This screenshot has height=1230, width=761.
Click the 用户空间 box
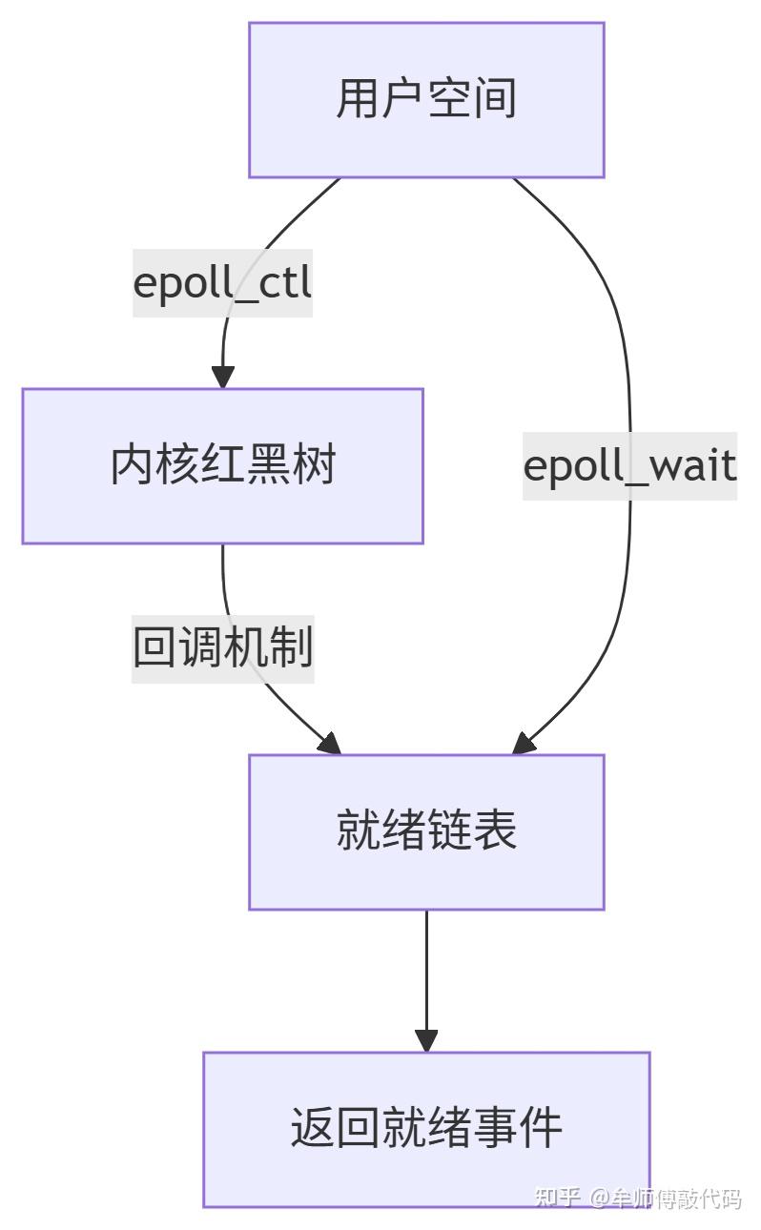tap(426, 100)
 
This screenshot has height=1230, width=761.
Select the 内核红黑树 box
tap(222, 466)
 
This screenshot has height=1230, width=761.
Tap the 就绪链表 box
tap(426, 831)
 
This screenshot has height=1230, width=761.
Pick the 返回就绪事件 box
tap(426, 1129)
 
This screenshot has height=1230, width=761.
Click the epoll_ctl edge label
tap(222, 283)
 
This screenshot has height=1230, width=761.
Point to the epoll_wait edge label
tap(629, 466)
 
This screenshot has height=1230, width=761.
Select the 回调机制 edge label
tap(222, 648)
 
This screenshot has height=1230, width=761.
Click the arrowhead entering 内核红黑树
tap(222, 377)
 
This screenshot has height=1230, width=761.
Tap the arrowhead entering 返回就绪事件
tap(426, 1040)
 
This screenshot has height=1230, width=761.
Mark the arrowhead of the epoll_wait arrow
tap(524, 744)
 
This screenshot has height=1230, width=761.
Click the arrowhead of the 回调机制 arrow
tap(328, 744)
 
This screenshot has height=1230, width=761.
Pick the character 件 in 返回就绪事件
tap(541, 1129)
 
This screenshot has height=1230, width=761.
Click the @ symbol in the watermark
tap(599, 1199)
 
